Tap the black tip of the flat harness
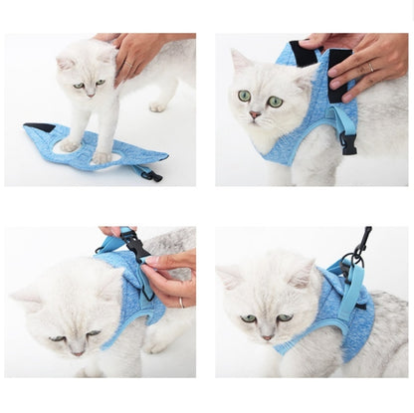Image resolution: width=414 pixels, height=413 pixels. (39, 127)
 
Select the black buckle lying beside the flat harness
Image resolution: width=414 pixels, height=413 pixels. (150, 175)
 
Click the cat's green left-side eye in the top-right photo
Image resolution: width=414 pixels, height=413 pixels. (244, 96)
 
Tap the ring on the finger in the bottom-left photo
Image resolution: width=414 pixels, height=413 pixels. (180, 302)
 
